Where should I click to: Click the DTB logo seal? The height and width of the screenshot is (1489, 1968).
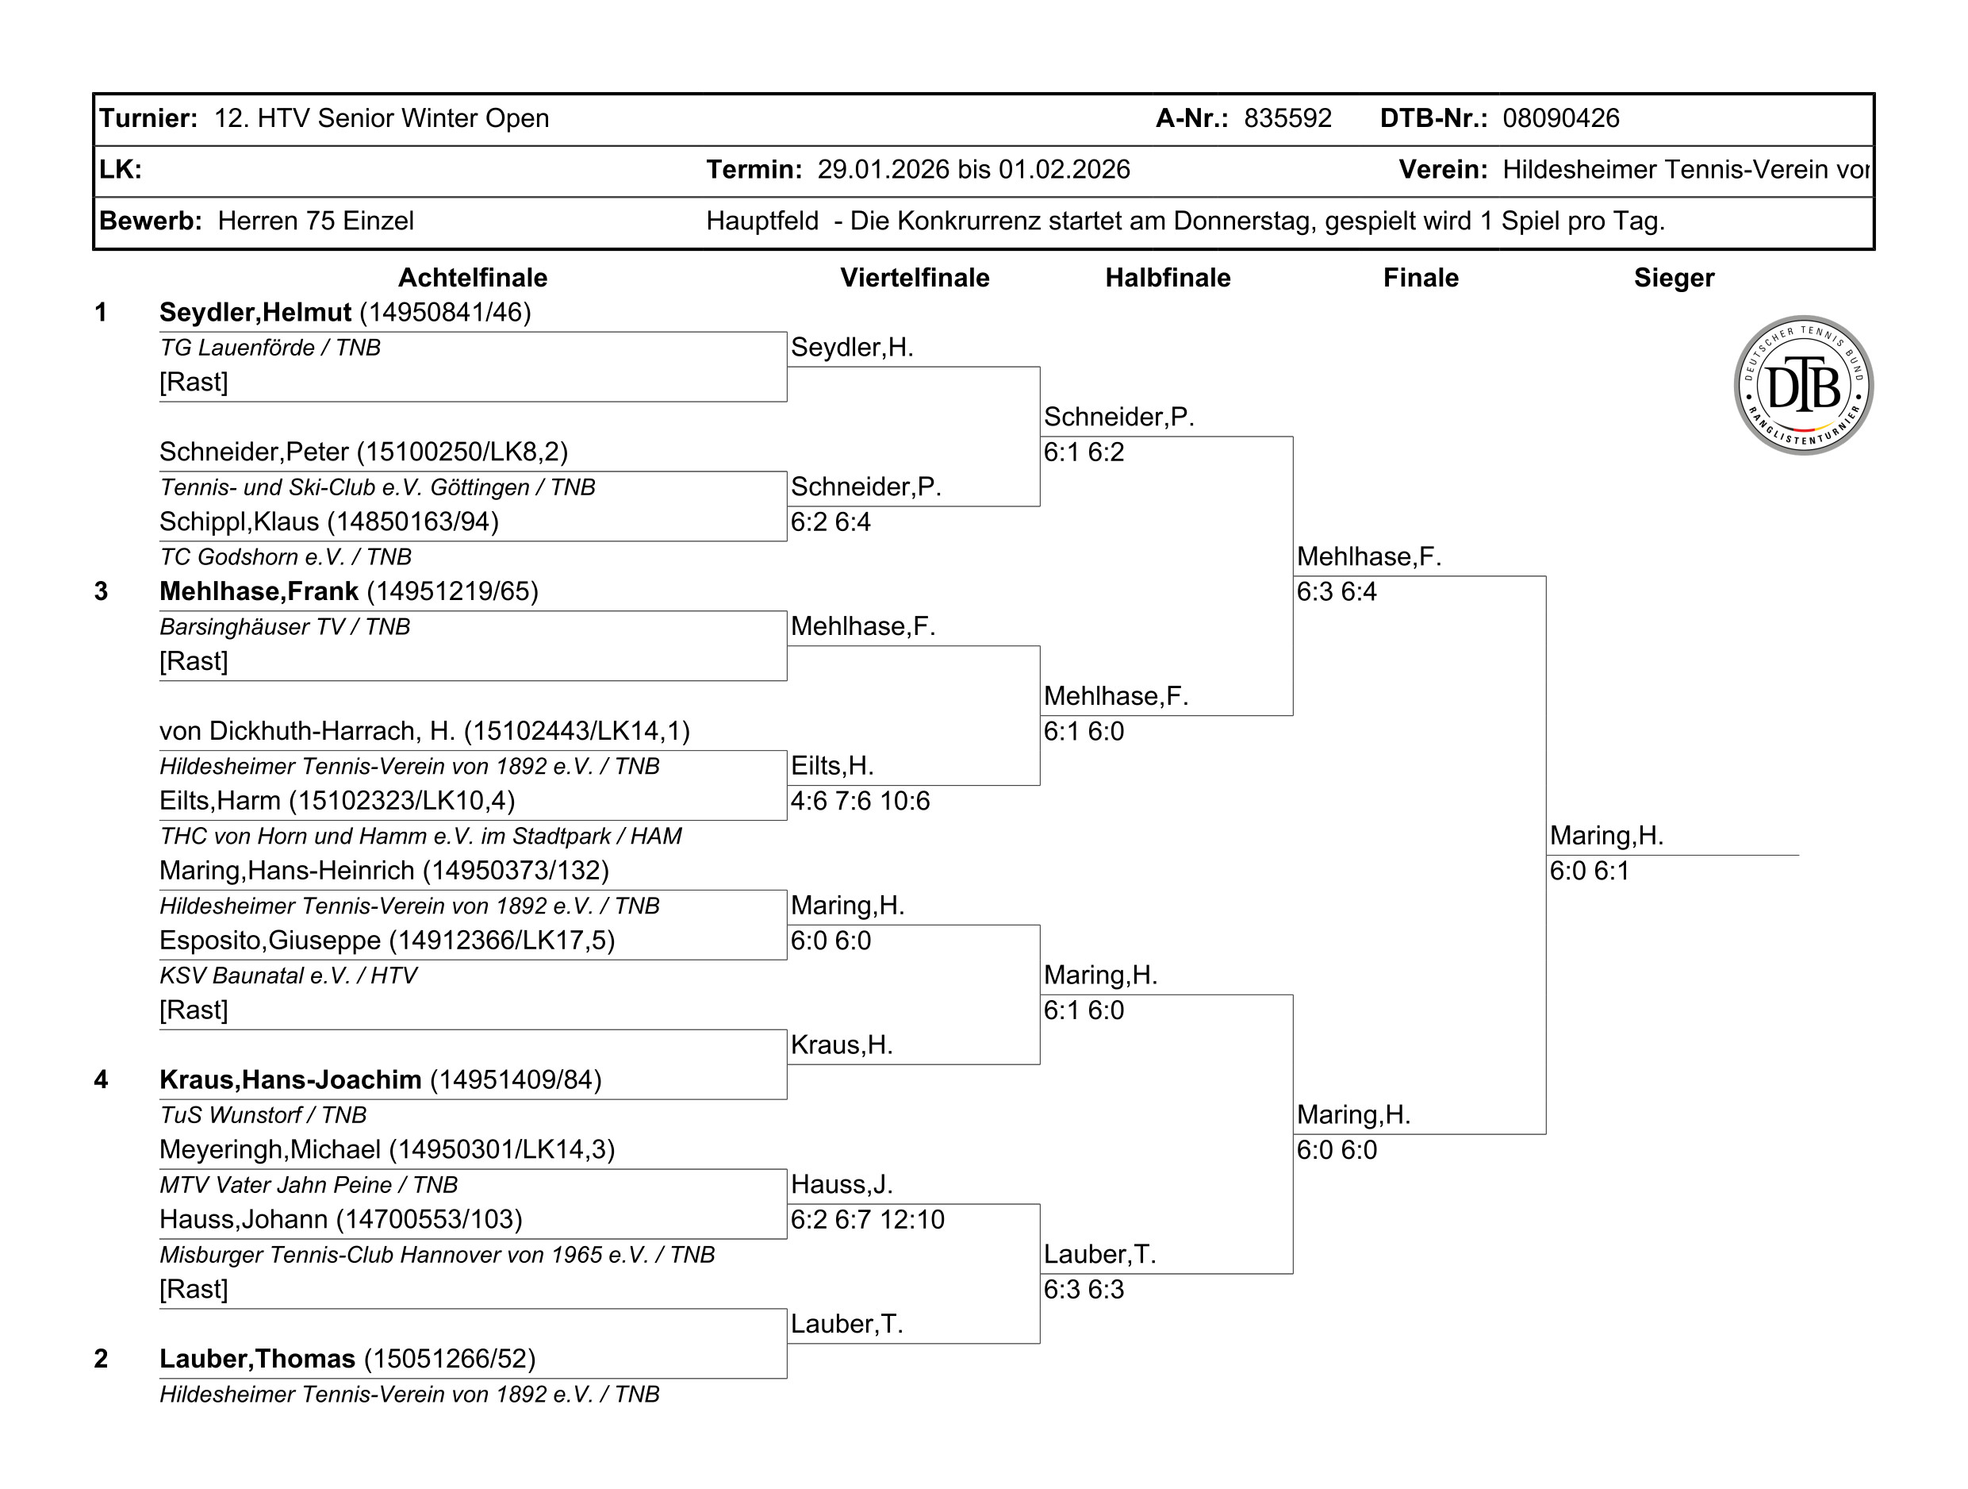click(x=1804, y=386)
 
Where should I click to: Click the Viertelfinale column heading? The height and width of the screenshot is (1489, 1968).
click(x=915, y=278)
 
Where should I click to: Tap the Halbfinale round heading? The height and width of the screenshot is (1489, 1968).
click(x=1168, y=278)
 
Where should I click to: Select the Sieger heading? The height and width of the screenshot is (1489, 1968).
click(x=1674, y=278)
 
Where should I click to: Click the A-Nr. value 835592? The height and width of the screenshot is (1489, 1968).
click(x=1287, y=118)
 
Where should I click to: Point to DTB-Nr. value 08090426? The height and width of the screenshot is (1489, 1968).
click(x=1560, y=118)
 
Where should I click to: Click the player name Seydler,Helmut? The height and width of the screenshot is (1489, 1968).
click(x=255, y=313)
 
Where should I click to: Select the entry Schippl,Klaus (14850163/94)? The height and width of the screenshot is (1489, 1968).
click(x=329, y=521)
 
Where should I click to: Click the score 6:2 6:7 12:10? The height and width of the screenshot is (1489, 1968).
click(x=868, y=1219)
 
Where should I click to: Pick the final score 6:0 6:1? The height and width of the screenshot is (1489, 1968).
click(x=1589, y=871)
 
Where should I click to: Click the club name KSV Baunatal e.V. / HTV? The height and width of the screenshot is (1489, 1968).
click(x=288, y=975)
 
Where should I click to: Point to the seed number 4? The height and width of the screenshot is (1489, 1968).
click(x=101, y=1079)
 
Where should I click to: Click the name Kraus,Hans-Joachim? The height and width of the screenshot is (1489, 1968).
click(x=290, y=1079)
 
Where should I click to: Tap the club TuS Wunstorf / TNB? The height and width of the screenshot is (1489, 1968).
click(x=263, y=1115)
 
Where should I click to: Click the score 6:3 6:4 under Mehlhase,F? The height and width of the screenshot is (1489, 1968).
click(x=1337, y=592)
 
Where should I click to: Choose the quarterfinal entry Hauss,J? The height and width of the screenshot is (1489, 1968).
click(x=842, y=1185)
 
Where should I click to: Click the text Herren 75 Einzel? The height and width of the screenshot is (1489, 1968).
click(x=316, y=221)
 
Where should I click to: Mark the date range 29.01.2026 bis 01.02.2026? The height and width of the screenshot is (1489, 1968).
click(x=973, y=169)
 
